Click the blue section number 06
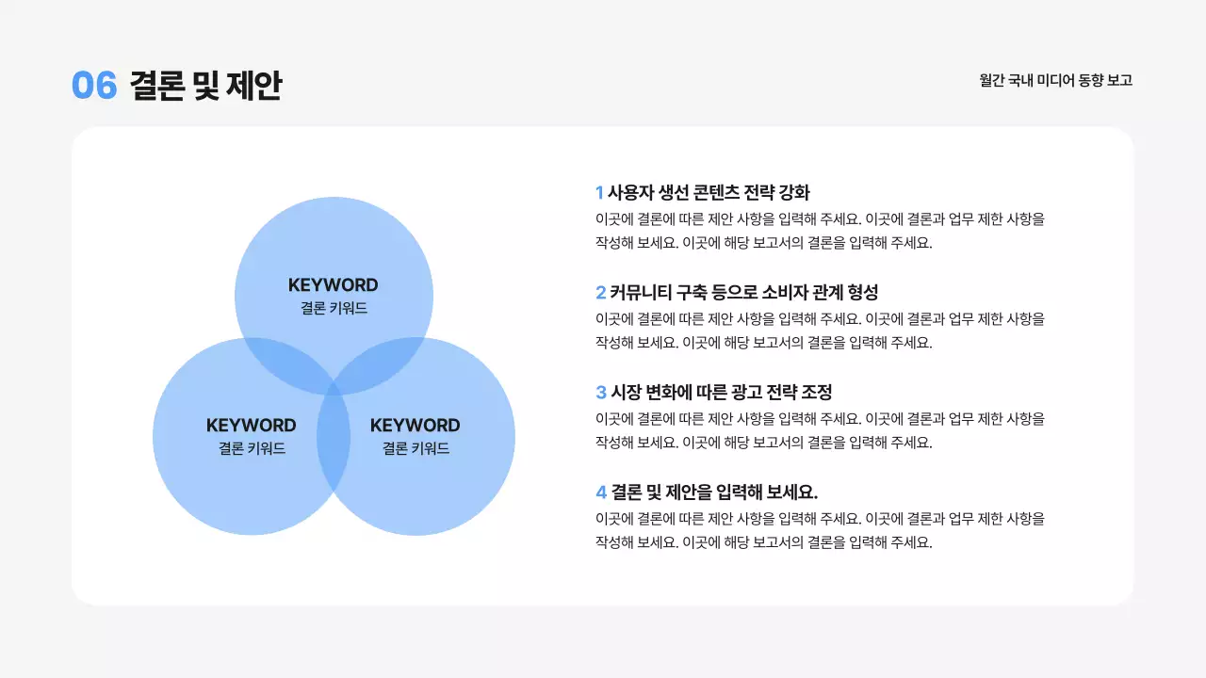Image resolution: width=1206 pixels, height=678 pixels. coord(94,86)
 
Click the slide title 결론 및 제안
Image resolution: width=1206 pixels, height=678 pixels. coord(205,86)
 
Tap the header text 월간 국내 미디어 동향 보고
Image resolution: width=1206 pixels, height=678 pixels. coord(1055,81)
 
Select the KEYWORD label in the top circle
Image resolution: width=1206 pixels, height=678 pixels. coord(334,285)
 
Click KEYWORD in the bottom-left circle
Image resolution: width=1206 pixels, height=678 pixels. coord(251,426)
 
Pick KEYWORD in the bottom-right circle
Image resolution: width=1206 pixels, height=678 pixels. coord(416,426)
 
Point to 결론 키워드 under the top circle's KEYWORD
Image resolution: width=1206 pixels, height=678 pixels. coord(334,308)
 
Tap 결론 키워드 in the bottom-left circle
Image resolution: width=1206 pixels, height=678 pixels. coord(252,449)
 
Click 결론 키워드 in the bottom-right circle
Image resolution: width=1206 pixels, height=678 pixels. coord(416,449)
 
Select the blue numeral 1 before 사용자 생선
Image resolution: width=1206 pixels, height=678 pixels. coord(599,193)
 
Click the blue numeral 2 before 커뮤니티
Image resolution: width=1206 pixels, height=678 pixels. coord(600,293)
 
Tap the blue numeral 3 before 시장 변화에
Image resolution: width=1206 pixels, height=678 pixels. coord(601,393)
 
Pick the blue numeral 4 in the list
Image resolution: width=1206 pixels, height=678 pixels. coord(601,492)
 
